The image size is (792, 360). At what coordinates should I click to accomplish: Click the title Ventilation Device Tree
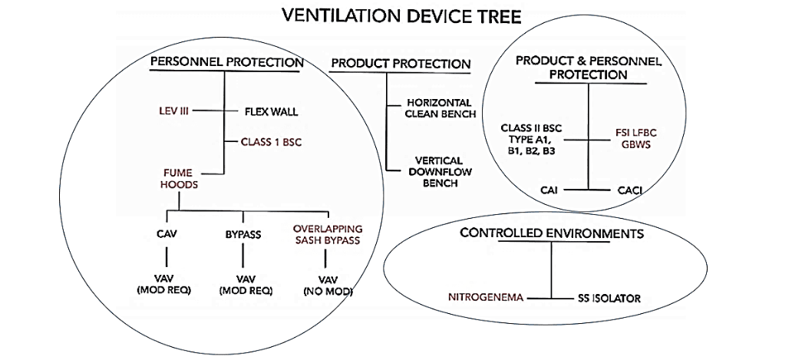click(x=401, y=17)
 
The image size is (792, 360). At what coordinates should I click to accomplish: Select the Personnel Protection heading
click(x=227, y=63)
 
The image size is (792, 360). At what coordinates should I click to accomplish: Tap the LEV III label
click(x=172, y=111)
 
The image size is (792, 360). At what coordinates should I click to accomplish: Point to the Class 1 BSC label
click(x=272, y=142)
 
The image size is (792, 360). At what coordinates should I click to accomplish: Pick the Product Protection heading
click(x=401, y=64)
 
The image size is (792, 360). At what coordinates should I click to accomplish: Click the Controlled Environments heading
click(x=551, y=234)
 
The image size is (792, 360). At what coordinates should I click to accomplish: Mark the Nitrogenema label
click(x=485, y=298)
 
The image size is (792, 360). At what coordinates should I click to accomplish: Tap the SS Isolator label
click(x=609, y=299)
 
